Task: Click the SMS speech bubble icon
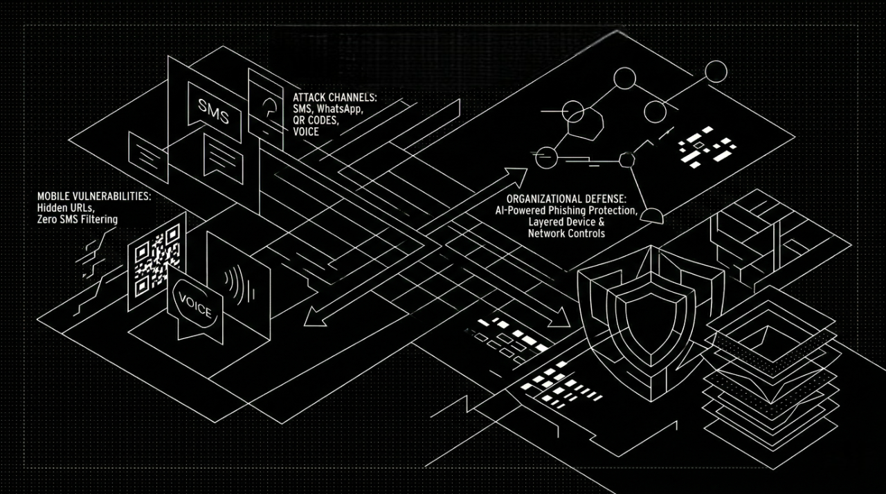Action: click(x=213, y=111)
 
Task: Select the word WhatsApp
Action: click(x=339, y=109)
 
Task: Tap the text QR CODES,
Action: click(x=316, y=120)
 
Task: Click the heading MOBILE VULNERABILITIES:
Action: click(x=93, y=196)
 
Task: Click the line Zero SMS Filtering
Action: click(x=78, y=219)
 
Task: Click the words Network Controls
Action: click(x=566, y=234)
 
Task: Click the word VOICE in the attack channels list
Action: click(x=306, y=131)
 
